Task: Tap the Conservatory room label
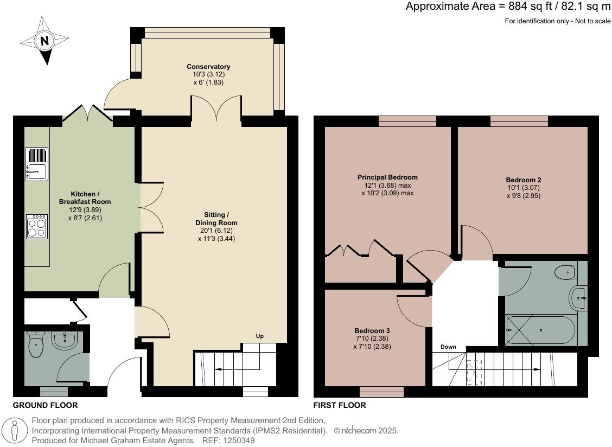[x=208, y=67]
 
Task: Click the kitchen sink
[x=36, y=164]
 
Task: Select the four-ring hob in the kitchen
[x=36, y=226]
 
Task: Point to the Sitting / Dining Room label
[x=216, y=219]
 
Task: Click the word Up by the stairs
[x=260, y=336]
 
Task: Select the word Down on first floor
[x=448, y=347]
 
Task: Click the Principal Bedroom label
[x=387, y=177]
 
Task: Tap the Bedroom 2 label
[x=524, y=180]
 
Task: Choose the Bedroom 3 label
[x=372, y=330]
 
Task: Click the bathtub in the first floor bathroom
[x=540, y=330]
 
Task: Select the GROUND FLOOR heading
[x=45, y=405]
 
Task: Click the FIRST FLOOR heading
[x=340, y=405]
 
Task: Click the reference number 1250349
[x=237, y=440]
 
